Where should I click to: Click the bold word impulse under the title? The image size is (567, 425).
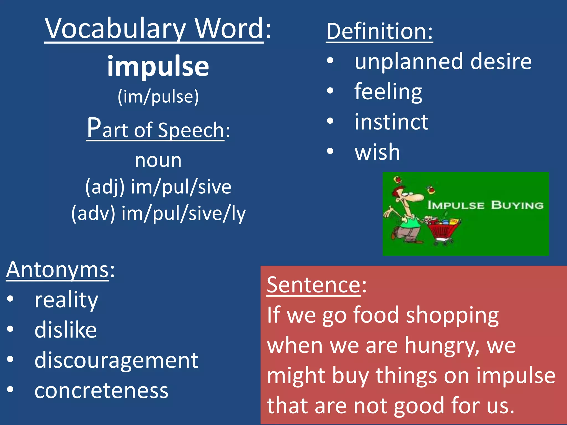158,66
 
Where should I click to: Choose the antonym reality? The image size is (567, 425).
66,300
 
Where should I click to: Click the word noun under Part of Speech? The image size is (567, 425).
158,160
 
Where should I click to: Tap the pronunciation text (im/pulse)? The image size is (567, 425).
158,97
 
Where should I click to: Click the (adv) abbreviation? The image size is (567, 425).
93,213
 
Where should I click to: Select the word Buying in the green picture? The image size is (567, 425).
517,205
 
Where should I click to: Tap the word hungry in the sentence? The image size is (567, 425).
442,346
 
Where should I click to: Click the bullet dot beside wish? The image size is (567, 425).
330,151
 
